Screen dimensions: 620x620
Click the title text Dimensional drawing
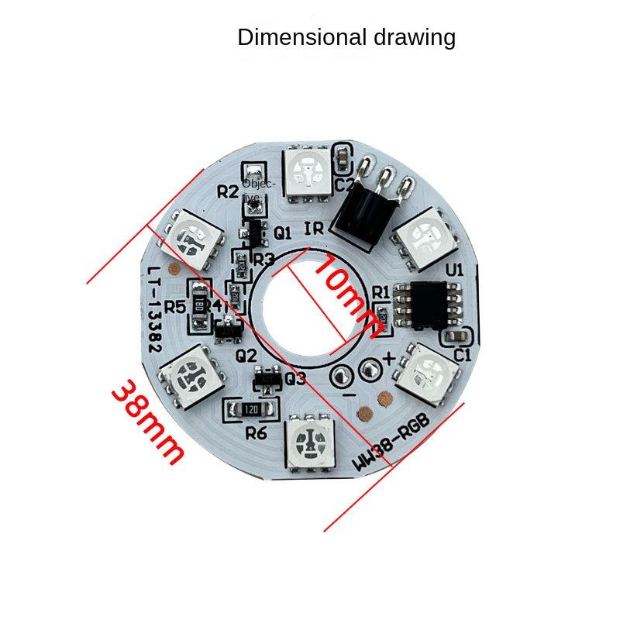pos(346,37)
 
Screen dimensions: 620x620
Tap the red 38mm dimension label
pos(148,422)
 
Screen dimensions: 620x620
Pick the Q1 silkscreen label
pos(282,232)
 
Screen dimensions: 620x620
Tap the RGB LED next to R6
pos(309,443)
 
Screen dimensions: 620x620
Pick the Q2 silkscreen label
pos(246,355)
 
